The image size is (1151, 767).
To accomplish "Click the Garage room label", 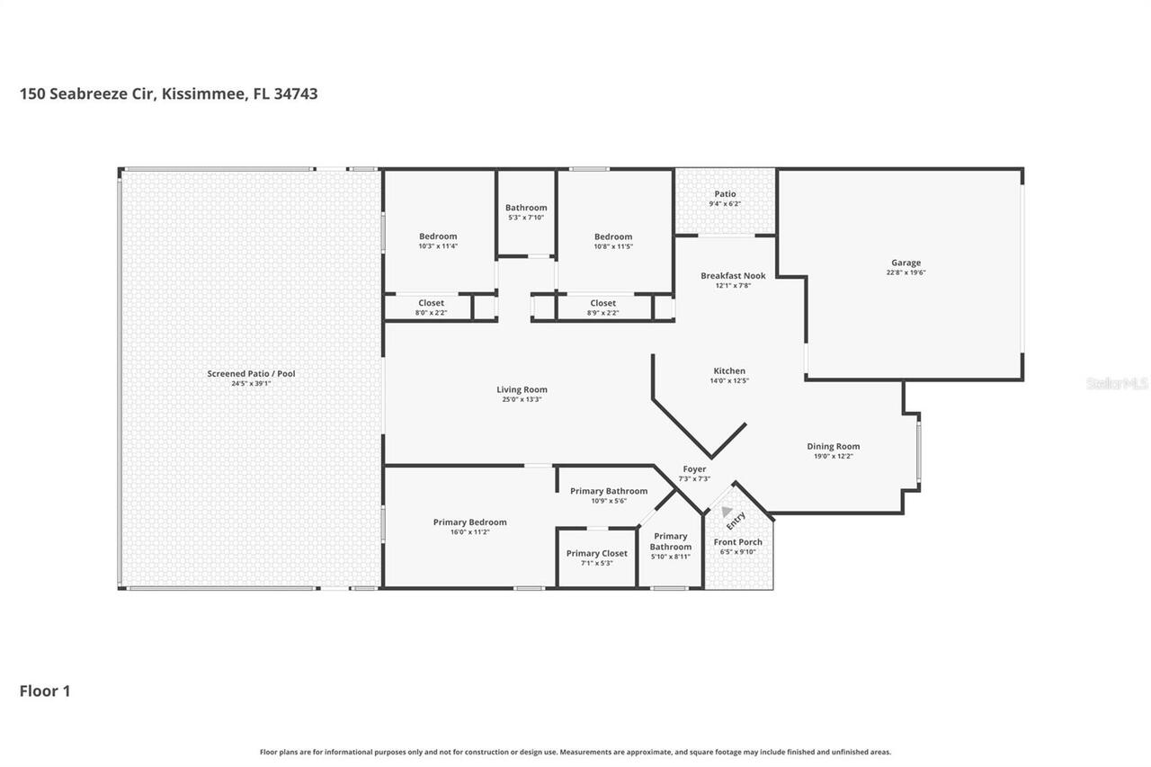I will point(906,263).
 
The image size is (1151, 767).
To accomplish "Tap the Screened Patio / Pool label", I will point(251,373).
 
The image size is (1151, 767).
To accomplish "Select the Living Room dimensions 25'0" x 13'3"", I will point(522,399).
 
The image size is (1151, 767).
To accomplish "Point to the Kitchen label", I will point(729,370).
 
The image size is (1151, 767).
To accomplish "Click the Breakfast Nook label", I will point(733,275).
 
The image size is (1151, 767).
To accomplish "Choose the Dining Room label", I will point(833,446).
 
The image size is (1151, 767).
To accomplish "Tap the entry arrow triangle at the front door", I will point(727,511).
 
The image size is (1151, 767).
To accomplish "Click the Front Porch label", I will point(737,542).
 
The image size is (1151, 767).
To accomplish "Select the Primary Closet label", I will point(596,553).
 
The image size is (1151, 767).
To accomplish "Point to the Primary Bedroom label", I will point(469,522).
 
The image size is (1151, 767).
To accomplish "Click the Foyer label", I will point(694,468).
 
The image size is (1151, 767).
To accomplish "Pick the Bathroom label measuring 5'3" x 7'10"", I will point(526,208).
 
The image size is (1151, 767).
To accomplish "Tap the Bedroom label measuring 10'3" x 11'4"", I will point(438,236).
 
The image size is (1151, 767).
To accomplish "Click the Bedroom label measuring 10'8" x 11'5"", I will point(613,236).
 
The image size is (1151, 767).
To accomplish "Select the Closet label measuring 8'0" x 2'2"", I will point(432,303).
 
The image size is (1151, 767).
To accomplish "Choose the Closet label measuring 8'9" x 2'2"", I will point(602,303).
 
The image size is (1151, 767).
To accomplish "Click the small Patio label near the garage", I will point(725,193).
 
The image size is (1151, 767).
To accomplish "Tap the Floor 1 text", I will point(45,691).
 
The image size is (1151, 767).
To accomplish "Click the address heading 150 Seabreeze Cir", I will point(168,94).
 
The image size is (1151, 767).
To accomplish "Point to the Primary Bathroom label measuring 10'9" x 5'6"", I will point(608,491).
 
